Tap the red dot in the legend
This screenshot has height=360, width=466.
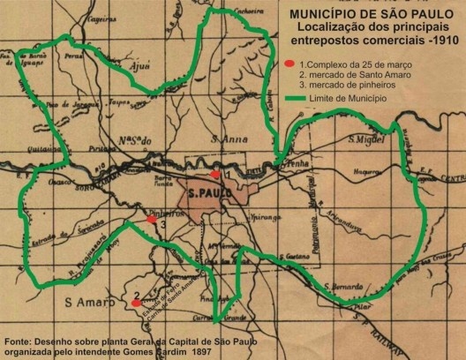(x=289, y=64)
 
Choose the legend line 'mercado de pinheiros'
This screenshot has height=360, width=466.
(x=352, y=86)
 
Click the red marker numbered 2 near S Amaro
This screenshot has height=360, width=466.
(x=136, y=304)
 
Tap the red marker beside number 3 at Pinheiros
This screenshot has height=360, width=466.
(x=152, y=218)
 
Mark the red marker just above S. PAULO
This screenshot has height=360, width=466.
(x=215, y=175)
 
